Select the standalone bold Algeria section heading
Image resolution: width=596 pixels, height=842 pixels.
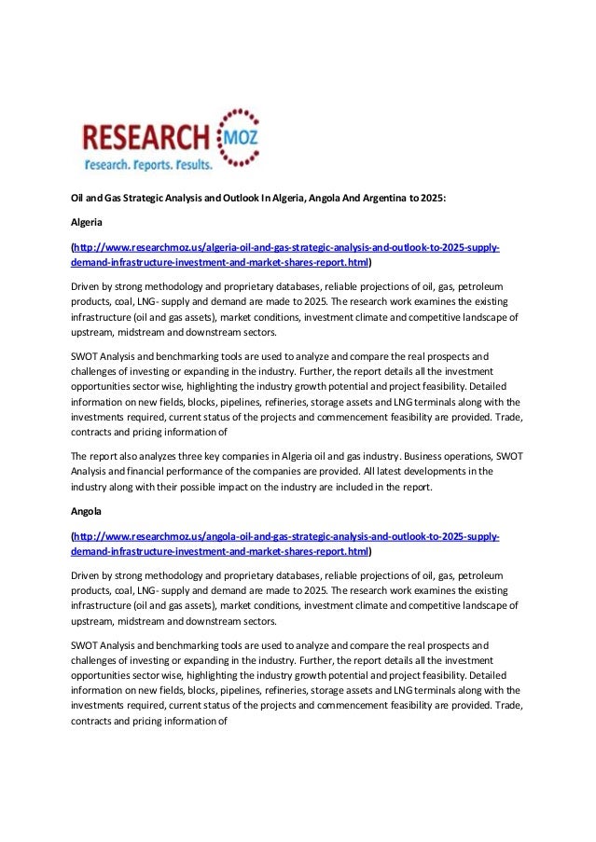point(89,224)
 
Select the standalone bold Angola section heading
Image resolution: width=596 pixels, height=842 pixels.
point(87,512)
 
